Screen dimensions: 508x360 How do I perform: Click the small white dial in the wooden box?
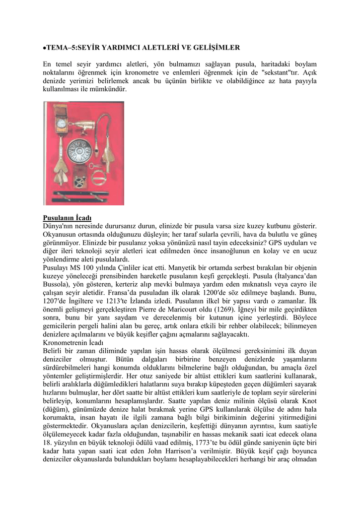pos(61,123)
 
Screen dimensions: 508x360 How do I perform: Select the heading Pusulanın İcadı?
pos(67,218)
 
